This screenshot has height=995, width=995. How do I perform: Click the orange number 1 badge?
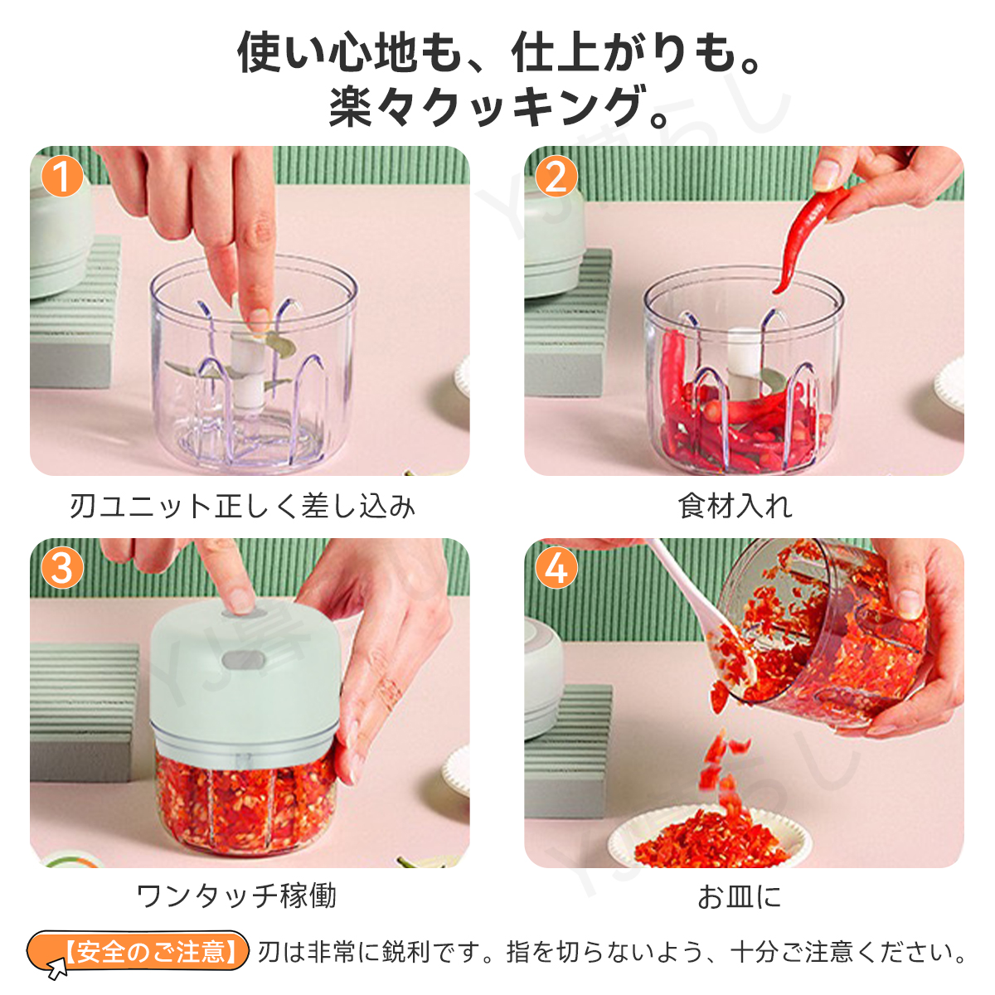[62, 177]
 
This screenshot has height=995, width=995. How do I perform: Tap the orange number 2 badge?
[556, 177]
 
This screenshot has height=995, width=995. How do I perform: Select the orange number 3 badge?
[62, 568]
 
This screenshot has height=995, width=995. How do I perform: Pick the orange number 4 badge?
[556, 568]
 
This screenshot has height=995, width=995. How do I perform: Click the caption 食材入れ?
[735, 506]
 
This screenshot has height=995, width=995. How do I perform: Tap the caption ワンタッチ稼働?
[236, 896]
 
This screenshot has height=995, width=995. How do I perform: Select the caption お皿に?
[739, 896]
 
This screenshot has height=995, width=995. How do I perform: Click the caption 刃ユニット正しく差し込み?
[242, 506]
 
